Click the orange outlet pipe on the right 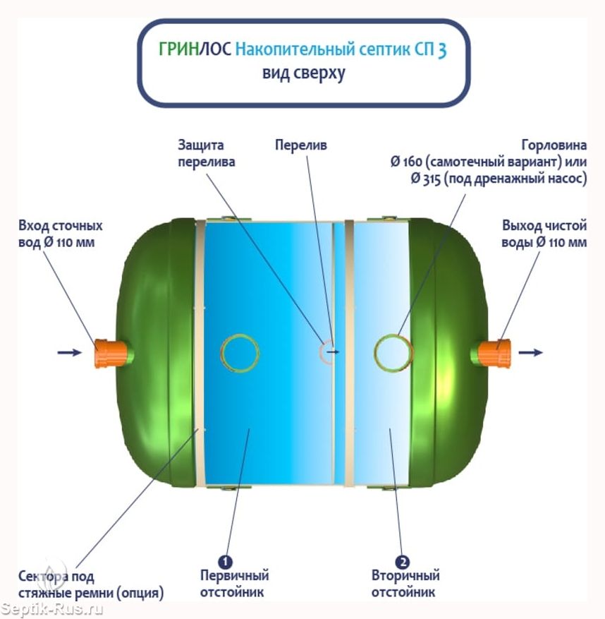[496, 351]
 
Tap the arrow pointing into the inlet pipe [69, 352]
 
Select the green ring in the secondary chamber [392, 351]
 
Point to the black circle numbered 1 [225, 562]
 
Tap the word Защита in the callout [200, 145]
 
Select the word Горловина [554, 145]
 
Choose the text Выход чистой [544, 226]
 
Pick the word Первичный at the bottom [233, 577]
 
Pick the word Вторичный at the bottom [405, 577]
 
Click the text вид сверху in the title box [303, 74]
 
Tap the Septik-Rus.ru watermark [53, 608]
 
